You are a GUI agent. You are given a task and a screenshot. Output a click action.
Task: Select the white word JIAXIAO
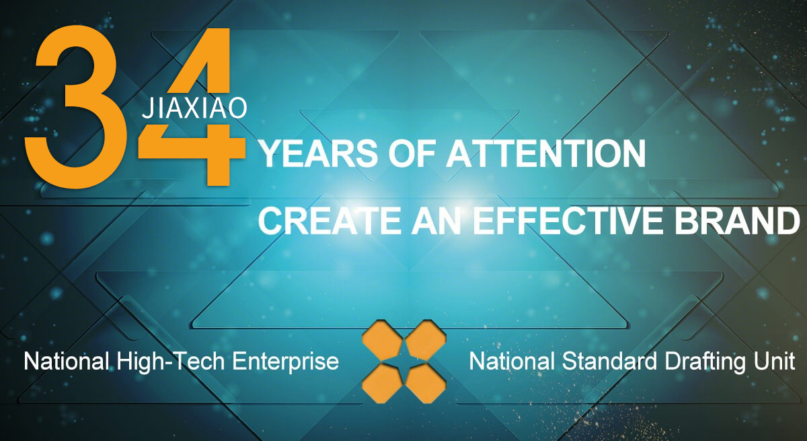point(194,108)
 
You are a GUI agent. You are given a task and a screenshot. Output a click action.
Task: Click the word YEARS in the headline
point(319,154)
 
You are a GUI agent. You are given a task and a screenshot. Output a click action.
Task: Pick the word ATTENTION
point(546,154)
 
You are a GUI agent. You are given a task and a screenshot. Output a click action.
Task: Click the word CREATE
point(330,221)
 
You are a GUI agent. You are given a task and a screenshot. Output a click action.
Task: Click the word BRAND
point(737,221)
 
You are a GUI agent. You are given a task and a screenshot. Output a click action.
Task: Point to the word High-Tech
point(170,362)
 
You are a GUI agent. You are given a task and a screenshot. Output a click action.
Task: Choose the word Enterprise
point(285,362)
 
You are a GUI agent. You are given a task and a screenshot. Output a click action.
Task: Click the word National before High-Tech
point(67,362)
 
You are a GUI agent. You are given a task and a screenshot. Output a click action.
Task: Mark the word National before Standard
point(512,362)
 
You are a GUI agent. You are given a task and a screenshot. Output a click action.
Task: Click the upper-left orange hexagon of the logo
point(383,341)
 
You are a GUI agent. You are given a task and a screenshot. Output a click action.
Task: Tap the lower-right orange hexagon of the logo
point(426,382)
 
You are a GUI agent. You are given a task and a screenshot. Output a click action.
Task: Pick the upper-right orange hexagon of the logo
point(426,341)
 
